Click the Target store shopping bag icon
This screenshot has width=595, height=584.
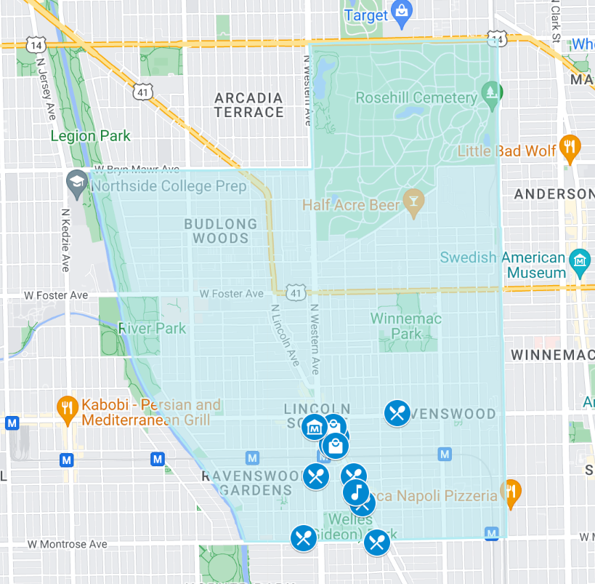400,11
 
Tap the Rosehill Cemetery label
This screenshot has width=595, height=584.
406,97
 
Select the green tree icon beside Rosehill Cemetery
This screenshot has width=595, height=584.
492,93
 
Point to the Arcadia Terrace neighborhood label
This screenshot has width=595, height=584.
248,105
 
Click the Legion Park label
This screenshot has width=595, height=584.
91,136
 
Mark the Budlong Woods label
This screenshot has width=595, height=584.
220,231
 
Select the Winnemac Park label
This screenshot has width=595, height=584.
406,326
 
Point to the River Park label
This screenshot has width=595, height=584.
153,328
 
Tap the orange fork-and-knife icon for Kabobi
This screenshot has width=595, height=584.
68,409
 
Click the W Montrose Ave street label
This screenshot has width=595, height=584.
67,544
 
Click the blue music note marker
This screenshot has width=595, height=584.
355,492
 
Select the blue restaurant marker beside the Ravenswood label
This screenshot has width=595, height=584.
397,414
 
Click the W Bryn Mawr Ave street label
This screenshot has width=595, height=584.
137,169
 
